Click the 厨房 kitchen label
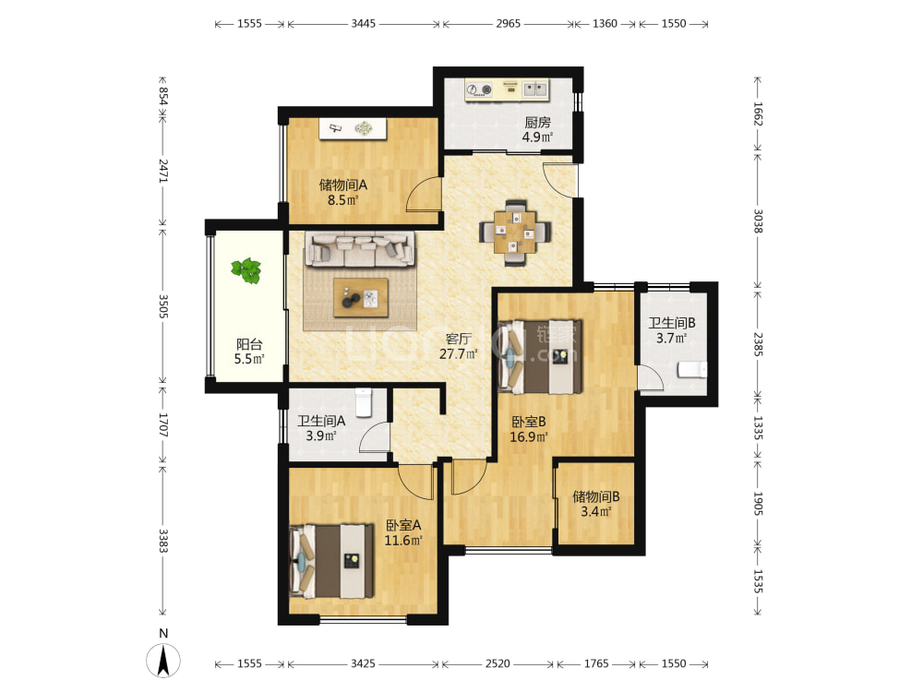pos(537,123)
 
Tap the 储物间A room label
pos(343,185)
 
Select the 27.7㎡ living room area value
pos(458,353)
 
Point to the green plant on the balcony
pos(246,270)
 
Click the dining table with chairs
pos(515,233)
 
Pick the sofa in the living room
pos(360,249)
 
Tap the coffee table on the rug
pos(360,297)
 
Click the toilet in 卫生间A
pos(364,402)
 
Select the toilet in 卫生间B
pos(692,370)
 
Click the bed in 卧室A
pos(332,561)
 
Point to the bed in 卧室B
pos(540,356)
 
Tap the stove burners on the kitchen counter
pos(479,89)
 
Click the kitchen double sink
pos(535,89)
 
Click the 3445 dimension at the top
pos(363,24)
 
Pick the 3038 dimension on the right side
pos(758,221)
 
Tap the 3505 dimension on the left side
pos(163,306)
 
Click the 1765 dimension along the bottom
pos(596,663)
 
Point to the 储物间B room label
pos(596,496)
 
